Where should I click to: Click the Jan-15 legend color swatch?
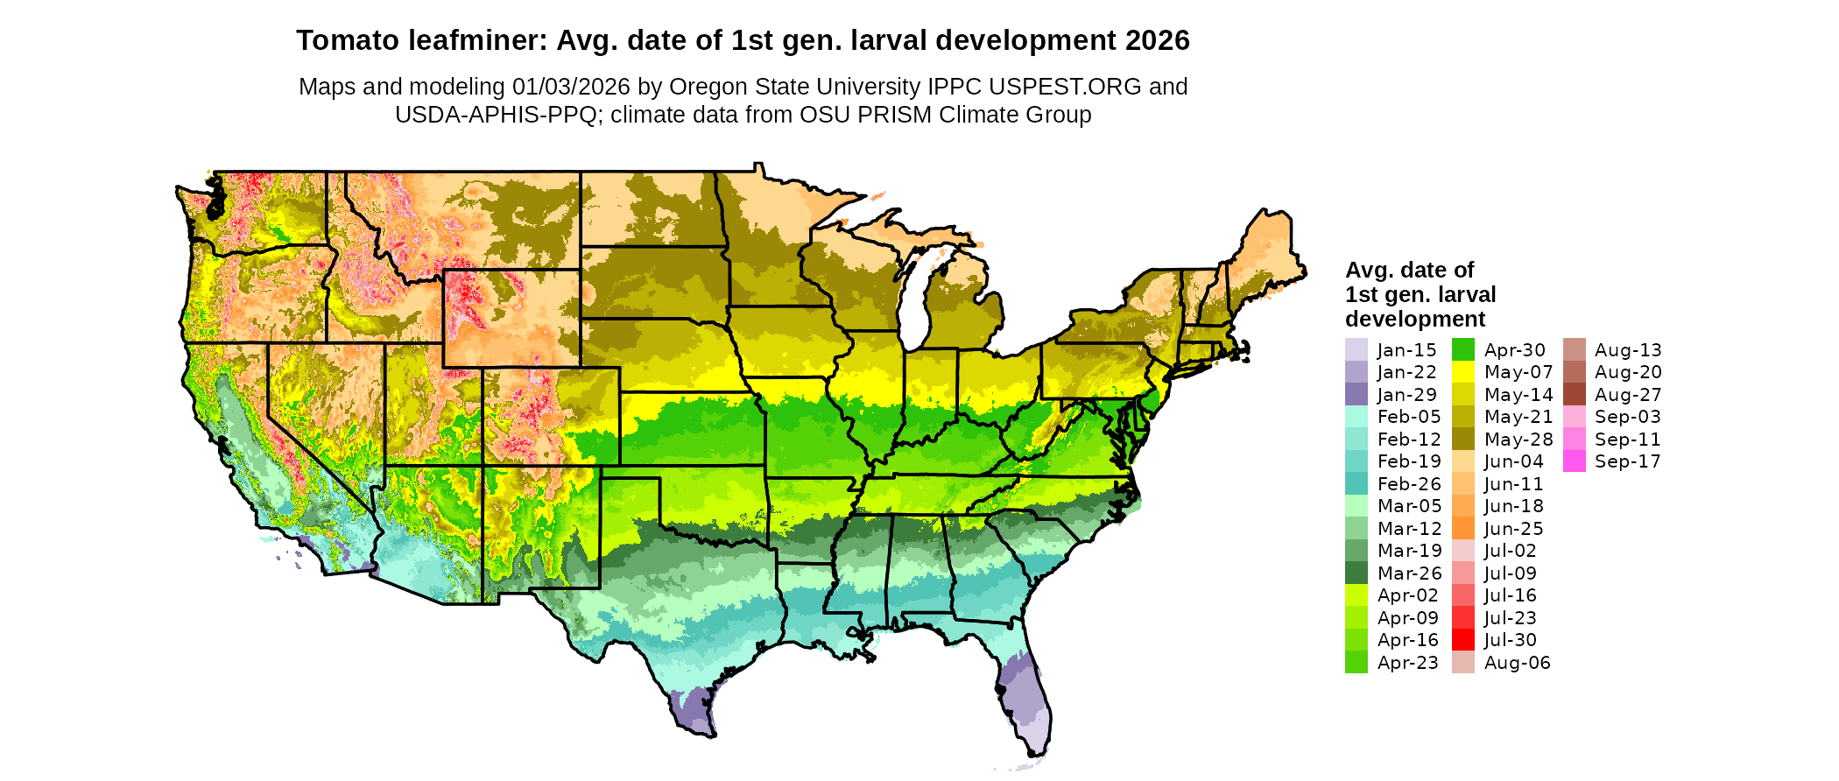(x=1356, y=349)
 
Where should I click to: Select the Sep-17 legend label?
(x=1627, y=461)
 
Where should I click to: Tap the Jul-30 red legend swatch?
(x=1463, y=640)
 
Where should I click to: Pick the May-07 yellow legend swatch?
(x=1463, y=372)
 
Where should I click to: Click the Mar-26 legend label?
(x=1409, y=573)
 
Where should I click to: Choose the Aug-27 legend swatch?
(x=1574, y=394)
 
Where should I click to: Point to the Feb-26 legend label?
(x=1409, y=484)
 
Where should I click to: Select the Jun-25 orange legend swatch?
(x=1463, y=529)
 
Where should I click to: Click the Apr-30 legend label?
(x=1515, y=350)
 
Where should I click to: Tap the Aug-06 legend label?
(x=1517, y=663)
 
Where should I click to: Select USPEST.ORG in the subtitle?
(x=1065, y=87)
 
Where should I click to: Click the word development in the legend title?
(x=1415, y=319)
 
